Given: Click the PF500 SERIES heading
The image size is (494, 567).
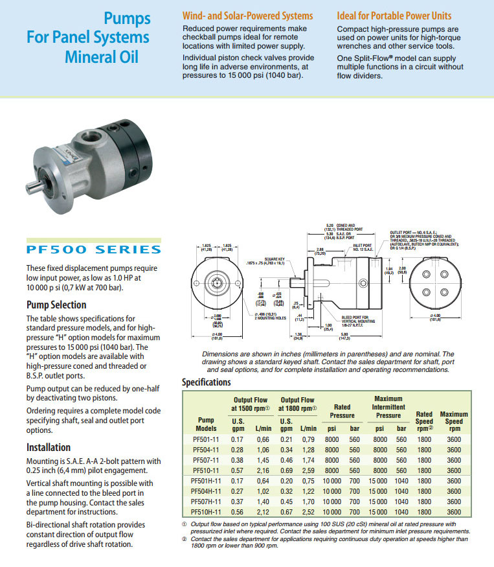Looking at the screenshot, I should tap(94, 249).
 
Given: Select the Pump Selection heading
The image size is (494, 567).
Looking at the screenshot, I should tap(56, 305).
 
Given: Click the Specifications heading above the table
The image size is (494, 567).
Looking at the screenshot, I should tap(217, 382).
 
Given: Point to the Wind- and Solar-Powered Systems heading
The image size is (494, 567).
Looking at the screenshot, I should tap(248, 16).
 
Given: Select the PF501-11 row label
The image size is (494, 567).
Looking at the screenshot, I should tap(205, 439).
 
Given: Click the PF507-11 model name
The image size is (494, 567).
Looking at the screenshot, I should tap(205, 460).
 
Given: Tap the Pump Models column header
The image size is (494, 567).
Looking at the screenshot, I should tap(205, 424).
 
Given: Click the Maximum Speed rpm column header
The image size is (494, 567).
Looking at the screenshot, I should tap(454, 421).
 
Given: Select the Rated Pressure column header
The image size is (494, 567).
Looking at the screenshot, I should tap(342, 411).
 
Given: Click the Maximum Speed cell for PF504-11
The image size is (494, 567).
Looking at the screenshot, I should tap(454, 450).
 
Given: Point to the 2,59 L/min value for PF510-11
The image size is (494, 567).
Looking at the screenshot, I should tap(308, 470).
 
